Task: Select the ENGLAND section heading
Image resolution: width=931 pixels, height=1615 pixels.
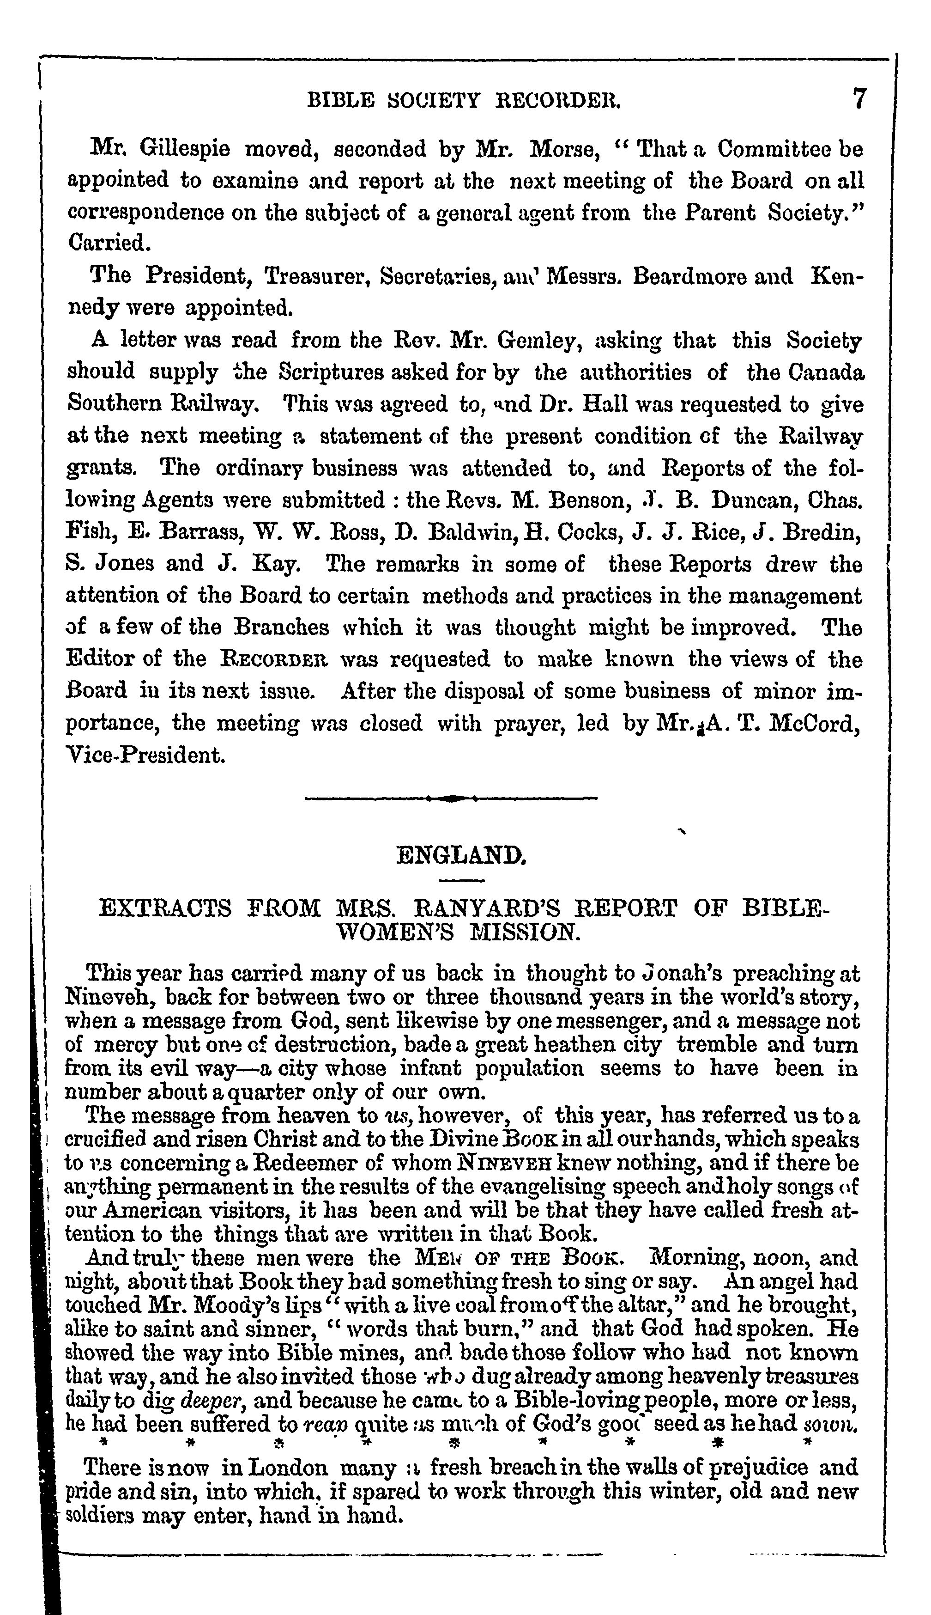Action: [461, 855]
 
